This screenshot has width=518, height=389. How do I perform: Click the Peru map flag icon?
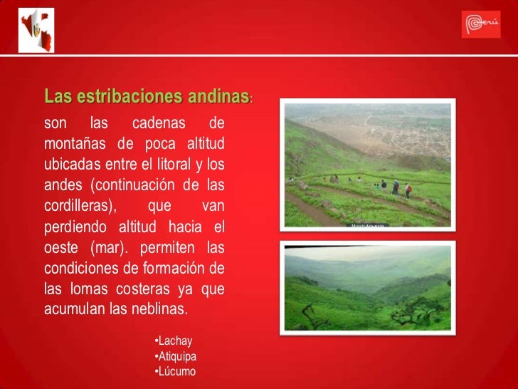point(36,31)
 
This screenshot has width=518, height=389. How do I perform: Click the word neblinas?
point(158,309)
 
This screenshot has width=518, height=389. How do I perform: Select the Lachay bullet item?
point(174,341)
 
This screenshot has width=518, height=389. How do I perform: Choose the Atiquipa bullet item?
point(176,356)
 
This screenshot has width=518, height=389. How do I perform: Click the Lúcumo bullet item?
point(175,372)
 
